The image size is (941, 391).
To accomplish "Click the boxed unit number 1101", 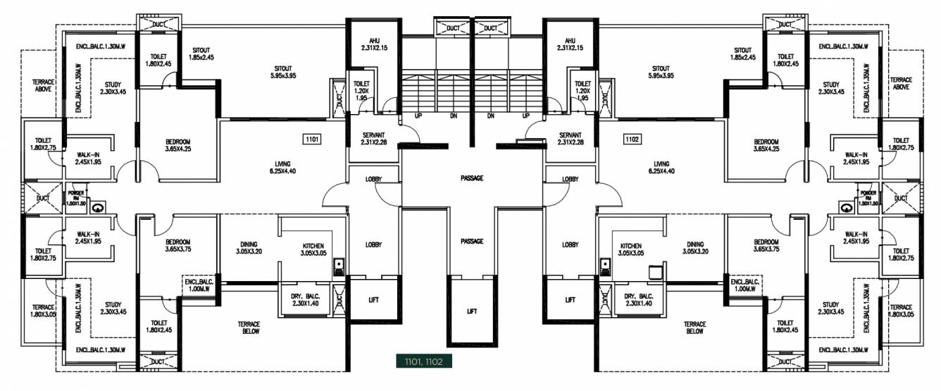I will click(313, 139).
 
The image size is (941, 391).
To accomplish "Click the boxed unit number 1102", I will click(632, 139).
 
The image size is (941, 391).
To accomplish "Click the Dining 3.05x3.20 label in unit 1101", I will click(248, 248).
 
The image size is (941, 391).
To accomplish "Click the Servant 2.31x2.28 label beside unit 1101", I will click(373, 139).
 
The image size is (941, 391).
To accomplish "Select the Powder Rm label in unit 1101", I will click(75, 197).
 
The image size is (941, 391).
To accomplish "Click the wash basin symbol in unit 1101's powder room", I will click(97, 207).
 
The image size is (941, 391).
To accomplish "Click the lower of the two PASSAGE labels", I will click(472, 242).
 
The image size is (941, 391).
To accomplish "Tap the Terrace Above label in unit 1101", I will click(43, 86).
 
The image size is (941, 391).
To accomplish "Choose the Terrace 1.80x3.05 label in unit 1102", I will click(901, 311).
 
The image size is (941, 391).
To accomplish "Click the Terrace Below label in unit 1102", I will click(695, 328).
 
